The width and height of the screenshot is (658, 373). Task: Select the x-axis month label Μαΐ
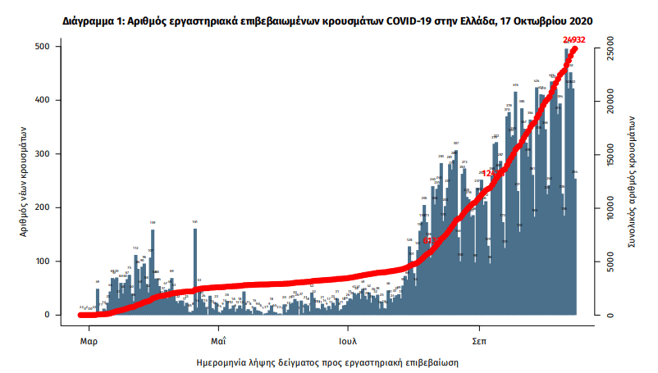[x=217, y=339]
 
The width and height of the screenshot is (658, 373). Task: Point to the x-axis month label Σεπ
[x=479, y=339]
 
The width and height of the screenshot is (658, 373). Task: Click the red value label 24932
[x=574, y=39]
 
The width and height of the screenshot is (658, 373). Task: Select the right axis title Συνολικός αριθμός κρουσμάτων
[x=633, y=180]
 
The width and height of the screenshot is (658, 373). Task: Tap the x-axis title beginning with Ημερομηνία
[x=327, y=361]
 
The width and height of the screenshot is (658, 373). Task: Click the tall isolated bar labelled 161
[x=195, y=271]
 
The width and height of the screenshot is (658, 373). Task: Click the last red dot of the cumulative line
[x=575, y=48]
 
